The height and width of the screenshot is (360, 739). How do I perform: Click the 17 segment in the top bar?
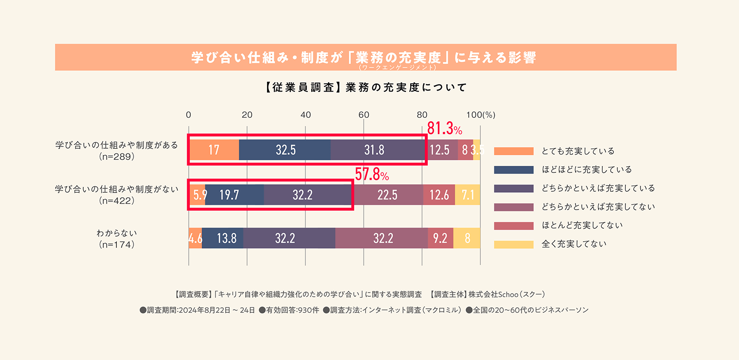pos(214,150)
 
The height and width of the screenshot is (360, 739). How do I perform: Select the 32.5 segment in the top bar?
pos(285,150)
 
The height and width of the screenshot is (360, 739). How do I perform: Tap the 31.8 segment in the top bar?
pos(374,150)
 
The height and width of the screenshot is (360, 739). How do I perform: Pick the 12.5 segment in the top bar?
pos(440,150)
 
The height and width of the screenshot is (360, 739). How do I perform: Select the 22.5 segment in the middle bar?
pos(388,195)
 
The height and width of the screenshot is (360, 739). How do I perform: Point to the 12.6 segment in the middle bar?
pos(439,195)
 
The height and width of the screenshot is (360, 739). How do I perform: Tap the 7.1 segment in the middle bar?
pos(468,195)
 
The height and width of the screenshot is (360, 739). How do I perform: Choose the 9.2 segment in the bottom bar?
pos(440,238)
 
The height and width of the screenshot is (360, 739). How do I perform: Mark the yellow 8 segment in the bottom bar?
pos(467,238)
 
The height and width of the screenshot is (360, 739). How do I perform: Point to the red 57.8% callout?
pos(372,174)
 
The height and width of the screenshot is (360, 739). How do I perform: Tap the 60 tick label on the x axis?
pos(364,115)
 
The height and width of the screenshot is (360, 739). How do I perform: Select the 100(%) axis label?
pos(481,115)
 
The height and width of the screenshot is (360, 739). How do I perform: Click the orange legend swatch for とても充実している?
pos(514,151)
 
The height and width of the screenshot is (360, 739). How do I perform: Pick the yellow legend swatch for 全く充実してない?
pos(514,244)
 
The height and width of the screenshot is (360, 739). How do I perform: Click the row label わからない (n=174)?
pos(117,238)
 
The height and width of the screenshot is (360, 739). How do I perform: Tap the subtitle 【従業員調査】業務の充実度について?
pos(366,87)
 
